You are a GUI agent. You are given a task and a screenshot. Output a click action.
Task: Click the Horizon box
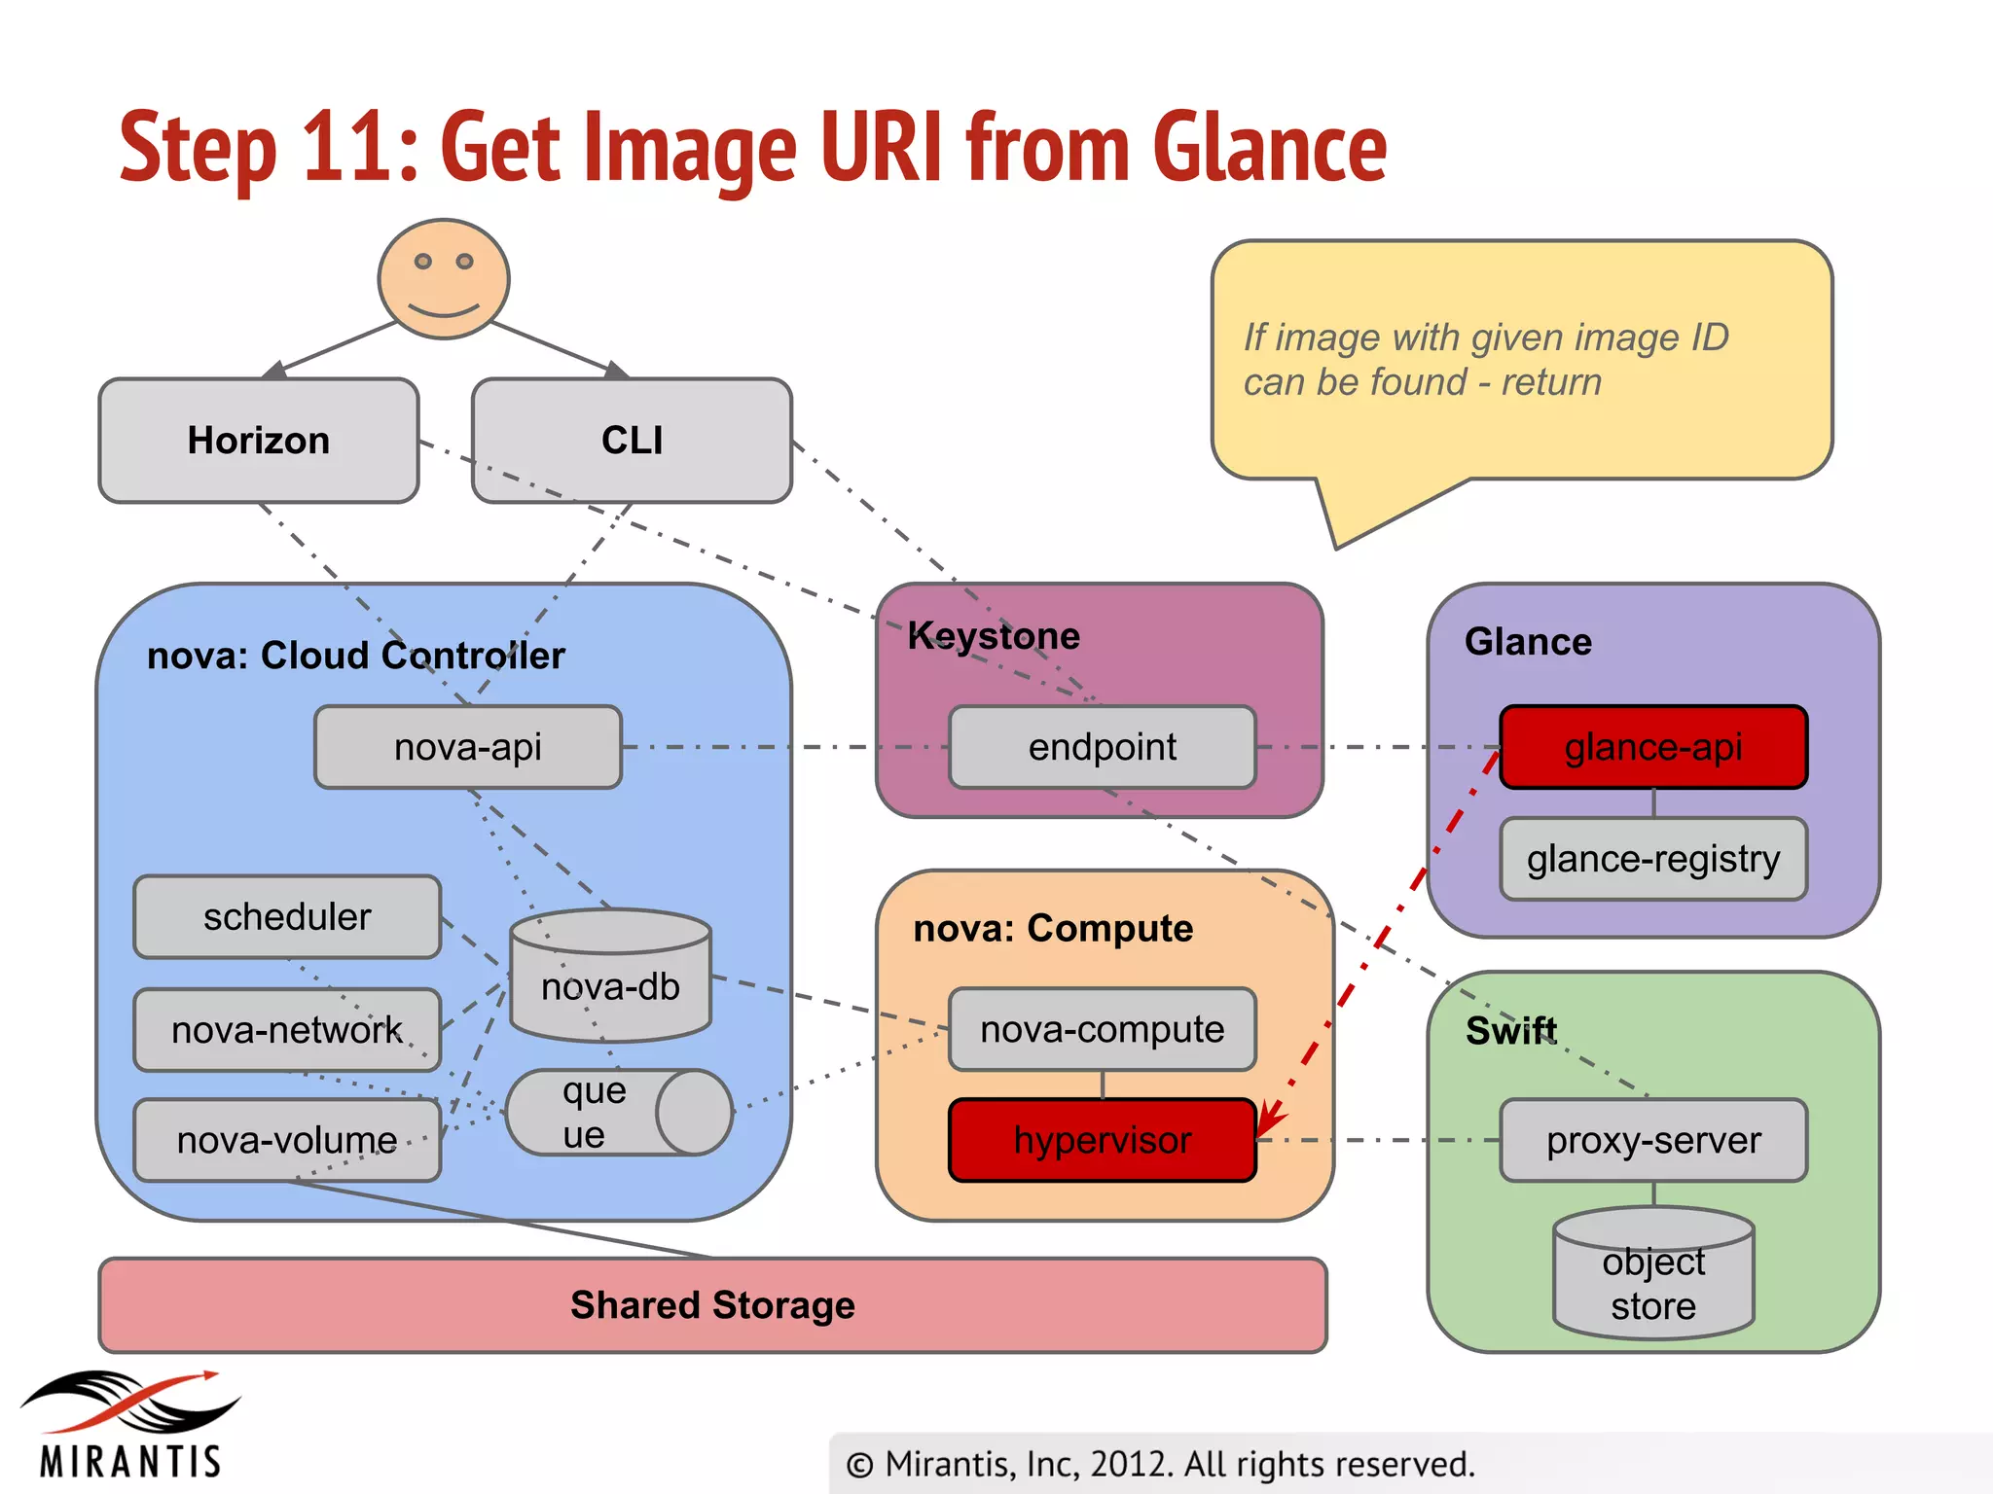(258, 441)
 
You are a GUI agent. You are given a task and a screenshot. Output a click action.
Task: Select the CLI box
(632, 441)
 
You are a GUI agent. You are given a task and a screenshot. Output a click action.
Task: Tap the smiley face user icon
(444, 279)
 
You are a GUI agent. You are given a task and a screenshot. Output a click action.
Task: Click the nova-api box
(468, 747)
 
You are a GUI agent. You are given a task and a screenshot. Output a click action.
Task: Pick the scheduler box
(287, 917)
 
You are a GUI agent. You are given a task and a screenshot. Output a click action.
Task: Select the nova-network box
(287, 1030)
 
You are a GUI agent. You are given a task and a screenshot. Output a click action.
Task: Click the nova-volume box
(287, 1140)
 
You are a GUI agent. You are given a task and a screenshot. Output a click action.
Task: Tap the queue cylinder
(618, 1113)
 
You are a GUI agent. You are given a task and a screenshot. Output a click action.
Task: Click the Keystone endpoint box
(1103, 747)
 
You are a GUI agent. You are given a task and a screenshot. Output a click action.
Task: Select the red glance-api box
(1653, 747)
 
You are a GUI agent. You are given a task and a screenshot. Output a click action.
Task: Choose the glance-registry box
(1653, 859)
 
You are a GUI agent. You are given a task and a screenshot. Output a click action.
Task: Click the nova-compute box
(1103, 1029)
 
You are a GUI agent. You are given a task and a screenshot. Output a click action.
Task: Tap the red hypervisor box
(1103, 1140)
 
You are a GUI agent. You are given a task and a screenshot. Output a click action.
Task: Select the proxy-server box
(1653, 1140)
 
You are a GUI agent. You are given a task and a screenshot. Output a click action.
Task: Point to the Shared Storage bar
(712, 1305)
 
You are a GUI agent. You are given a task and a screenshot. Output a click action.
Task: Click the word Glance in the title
(1269, 148)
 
